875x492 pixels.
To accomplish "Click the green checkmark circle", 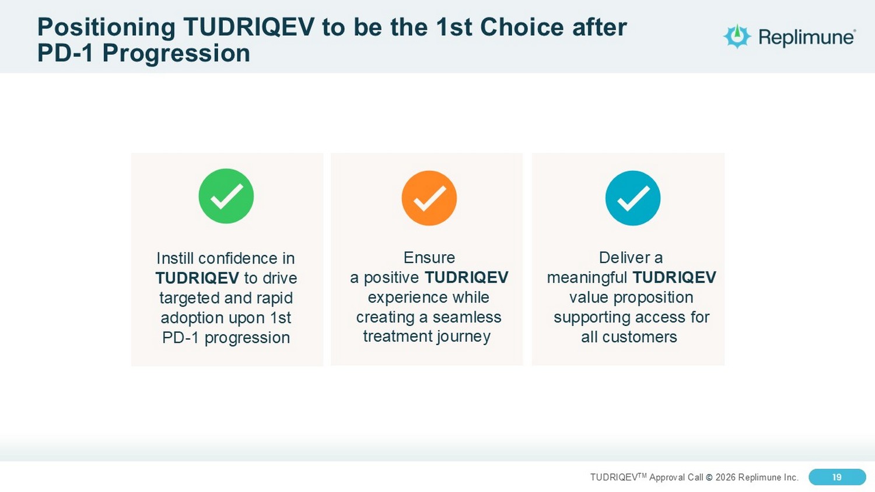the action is (x=226, y=196).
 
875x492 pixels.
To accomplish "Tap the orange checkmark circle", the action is (x=429, y=198).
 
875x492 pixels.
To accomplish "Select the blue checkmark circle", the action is (x=633, y=198).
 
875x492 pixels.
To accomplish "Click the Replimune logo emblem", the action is (x=737, y=36).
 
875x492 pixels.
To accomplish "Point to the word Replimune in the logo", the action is (x=807, y=37).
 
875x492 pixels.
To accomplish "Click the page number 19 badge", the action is (x=837, y=477).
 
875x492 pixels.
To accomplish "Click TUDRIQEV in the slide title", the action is (x=249, y=27).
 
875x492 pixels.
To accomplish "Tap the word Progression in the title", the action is (x=176, y=53).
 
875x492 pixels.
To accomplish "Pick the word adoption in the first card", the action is (x=193, y=318).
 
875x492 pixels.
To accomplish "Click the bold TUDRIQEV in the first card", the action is (x=197, y=278).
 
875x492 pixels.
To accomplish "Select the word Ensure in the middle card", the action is (x=429, y=258).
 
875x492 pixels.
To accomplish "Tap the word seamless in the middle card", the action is (x=467, y=317).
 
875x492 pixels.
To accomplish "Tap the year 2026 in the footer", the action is (x=726, y=477).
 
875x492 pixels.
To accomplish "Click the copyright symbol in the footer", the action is (x=709, y=477).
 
